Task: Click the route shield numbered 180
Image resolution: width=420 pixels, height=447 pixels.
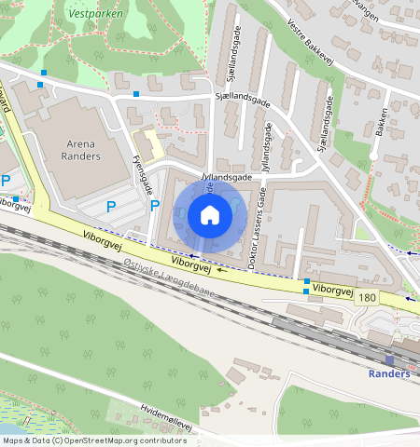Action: pos(367,297)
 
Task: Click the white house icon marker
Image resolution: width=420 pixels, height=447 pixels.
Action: pos(210,216)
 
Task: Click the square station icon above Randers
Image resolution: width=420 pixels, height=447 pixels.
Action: pos(389,359)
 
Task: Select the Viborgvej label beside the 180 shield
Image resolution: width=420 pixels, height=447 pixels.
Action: pos(332,291)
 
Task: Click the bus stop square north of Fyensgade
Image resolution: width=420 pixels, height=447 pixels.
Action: pos(136,94)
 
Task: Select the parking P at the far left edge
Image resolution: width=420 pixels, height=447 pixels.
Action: pos(6,180)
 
